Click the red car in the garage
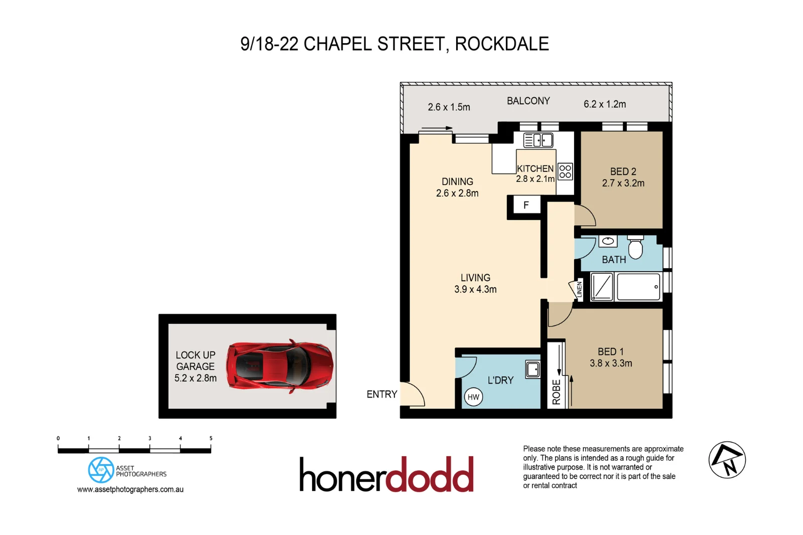tap(280, 366)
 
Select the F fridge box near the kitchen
tap(525, 205)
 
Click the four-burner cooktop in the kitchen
tap(565, 171)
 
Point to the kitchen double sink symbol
tap(538, 140)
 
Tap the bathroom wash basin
tap(608, 241)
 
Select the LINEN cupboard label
tap(579, 289)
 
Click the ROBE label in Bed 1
tap(556, 392)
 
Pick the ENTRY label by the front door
tap(381, 395)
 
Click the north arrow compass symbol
tap(727, 460)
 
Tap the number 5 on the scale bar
tap(211, 438)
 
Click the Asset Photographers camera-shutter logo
tap(100, 470)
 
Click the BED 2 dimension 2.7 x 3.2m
tap(623, 184)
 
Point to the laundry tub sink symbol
tap(532, 370)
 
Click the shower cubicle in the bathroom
tap(602, 287)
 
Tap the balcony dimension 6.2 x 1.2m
tap(604, 104)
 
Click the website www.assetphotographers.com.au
tap(130, 489)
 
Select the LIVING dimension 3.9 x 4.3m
tap(475, 289)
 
